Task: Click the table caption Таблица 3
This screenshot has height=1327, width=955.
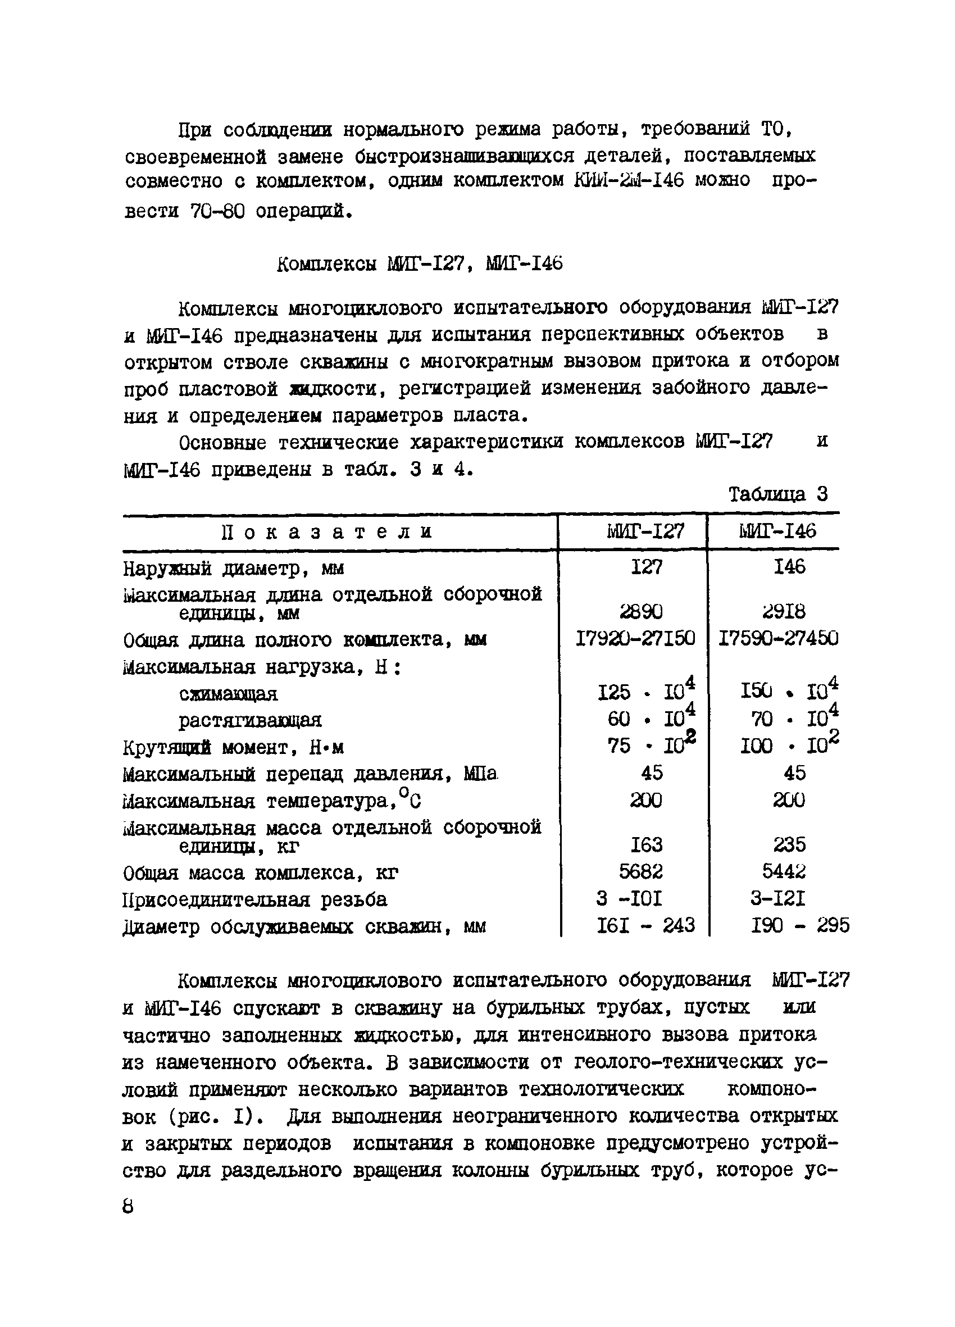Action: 777,495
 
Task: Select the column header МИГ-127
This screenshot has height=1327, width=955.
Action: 645,531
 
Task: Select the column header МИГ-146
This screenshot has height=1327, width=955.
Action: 777,531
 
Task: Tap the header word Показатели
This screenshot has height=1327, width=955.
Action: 328,532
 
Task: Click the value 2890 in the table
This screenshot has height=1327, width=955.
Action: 642,612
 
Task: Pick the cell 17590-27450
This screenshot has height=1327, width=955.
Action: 778,638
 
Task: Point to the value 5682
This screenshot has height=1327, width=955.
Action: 642,872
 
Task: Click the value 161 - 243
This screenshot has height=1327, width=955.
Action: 645,925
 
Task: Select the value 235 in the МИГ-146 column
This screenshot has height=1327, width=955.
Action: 789,845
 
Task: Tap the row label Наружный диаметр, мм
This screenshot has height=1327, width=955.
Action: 234,568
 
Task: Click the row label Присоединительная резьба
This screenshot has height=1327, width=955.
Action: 254,899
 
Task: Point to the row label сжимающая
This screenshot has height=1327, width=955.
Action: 228,694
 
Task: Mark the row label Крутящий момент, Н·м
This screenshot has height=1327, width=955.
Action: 234,748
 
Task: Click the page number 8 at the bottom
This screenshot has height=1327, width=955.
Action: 128,1206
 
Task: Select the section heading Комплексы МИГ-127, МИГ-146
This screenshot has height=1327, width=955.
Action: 420,265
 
